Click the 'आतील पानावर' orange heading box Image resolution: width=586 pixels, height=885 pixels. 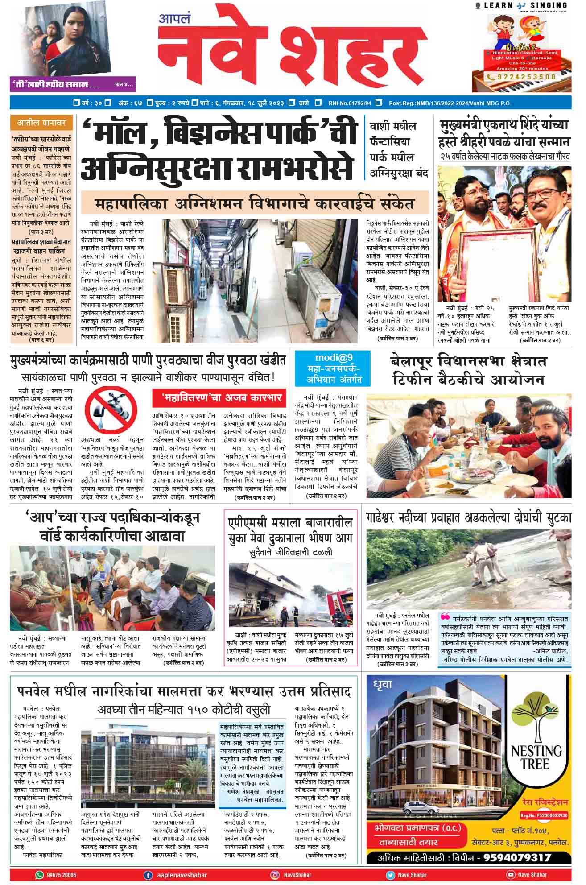coord(41,122)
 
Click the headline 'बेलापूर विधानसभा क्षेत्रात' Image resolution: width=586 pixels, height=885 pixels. coord(468,361)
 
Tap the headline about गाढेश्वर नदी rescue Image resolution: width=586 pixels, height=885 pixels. coord(468,518)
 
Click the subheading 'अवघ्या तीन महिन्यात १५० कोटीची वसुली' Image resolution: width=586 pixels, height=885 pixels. coord(184,710)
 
